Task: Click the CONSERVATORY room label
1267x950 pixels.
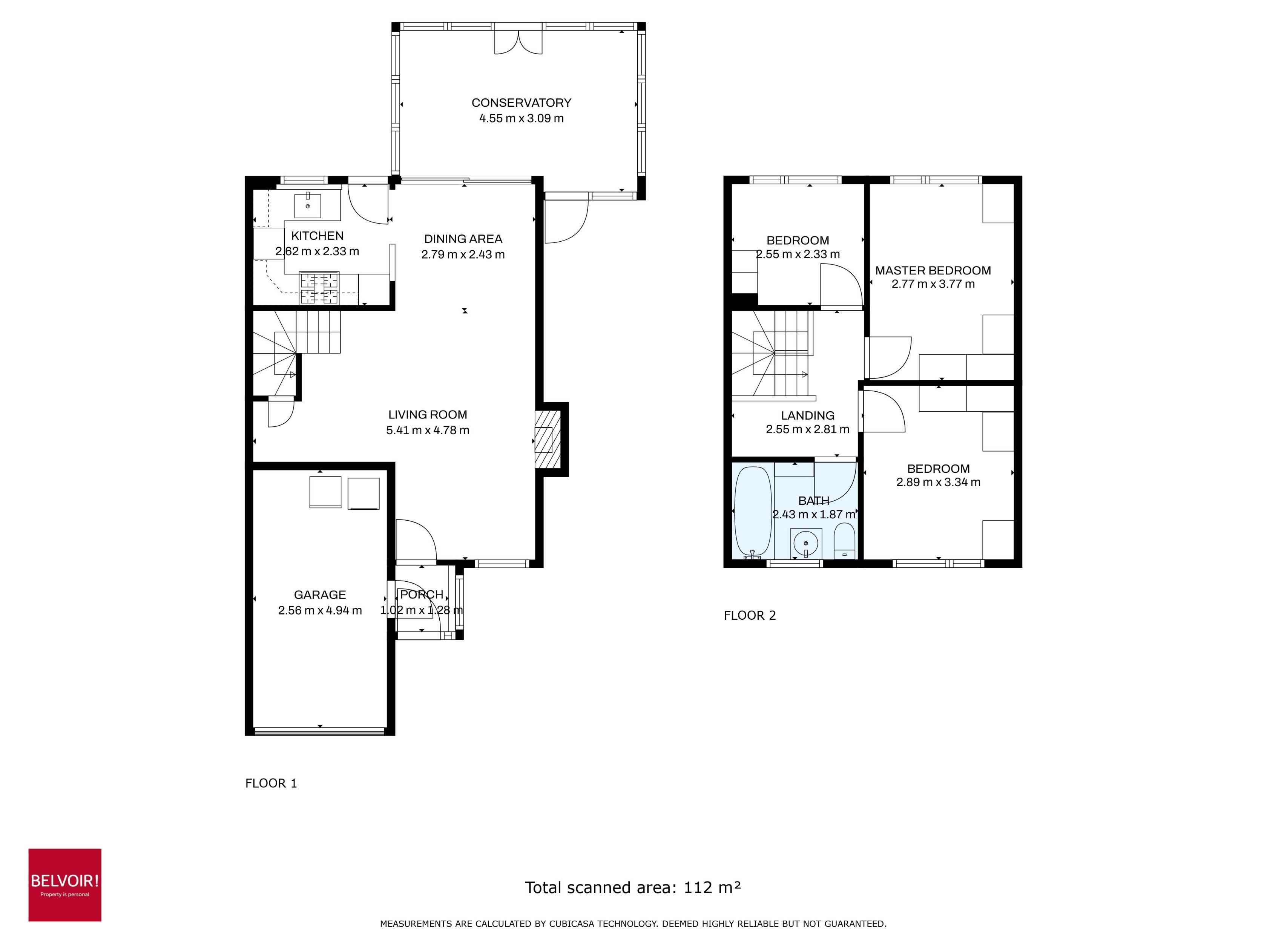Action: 521,103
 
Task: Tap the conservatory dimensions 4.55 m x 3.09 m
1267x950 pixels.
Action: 521,118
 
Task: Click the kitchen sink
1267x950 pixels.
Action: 308,205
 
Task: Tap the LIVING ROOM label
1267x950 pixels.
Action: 427,415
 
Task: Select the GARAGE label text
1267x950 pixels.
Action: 320,595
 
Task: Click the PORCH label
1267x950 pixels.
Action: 422,595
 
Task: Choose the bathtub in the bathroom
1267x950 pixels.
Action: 753,512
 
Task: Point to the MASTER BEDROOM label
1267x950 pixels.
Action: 933,270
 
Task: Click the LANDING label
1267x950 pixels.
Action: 808,416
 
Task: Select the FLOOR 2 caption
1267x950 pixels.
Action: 749,616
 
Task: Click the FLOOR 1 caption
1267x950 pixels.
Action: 271,783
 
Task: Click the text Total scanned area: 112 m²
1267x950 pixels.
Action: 633,887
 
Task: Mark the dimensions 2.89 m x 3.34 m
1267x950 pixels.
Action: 938,482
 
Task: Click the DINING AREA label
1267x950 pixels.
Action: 463,239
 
